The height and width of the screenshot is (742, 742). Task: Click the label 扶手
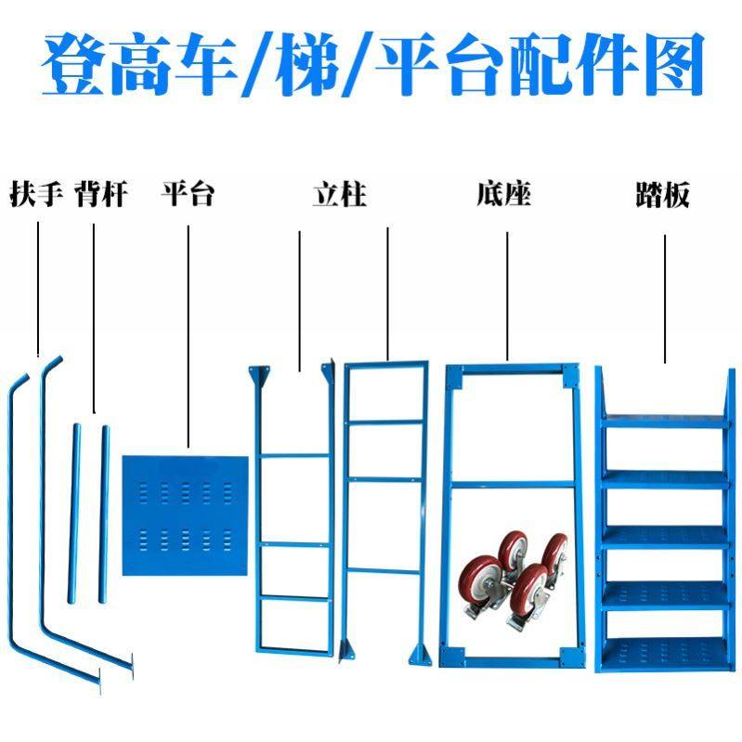[36, 195]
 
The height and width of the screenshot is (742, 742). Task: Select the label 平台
[189, 195]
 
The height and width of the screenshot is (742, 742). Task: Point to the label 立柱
[339, 195]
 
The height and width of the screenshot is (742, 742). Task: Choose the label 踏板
[662, 195]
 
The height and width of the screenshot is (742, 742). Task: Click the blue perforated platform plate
[186, 515]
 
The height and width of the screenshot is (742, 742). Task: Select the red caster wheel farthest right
[555, 552]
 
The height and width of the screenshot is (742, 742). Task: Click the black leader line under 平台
[189, 334]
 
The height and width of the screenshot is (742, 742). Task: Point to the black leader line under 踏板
[666, 297]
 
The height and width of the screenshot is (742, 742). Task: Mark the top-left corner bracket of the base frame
[454, 375]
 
